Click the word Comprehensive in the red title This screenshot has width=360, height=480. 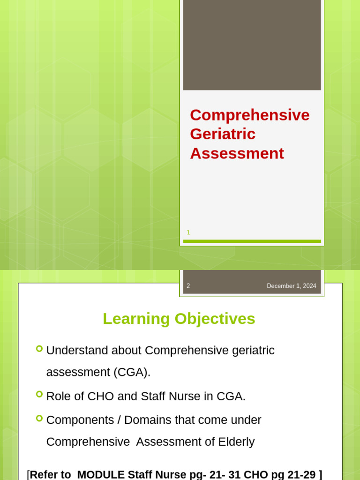(249, 115)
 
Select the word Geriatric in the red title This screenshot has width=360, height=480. (223, 134)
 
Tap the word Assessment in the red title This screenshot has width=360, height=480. (237, 153)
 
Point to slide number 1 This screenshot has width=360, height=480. (188, 232)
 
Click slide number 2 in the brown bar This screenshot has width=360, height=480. (188, 286)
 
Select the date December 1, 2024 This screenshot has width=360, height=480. (291, 286)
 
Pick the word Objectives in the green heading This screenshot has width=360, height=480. (215, 319)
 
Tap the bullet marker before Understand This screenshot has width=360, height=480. (39, 349)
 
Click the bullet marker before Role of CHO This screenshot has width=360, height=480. (39, 395)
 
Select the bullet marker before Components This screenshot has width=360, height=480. (39, 418)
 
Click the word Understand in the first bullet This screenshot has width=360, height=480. (76, 351)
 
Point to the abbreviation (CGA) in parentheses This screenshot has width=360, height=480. (132, 372)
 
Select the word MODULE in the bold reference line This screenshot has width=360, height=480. (101, 474)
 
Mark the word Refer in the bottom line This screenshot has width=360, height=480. (44, 474)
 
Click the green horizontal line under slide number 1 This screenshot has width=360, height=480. (252, 241)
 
